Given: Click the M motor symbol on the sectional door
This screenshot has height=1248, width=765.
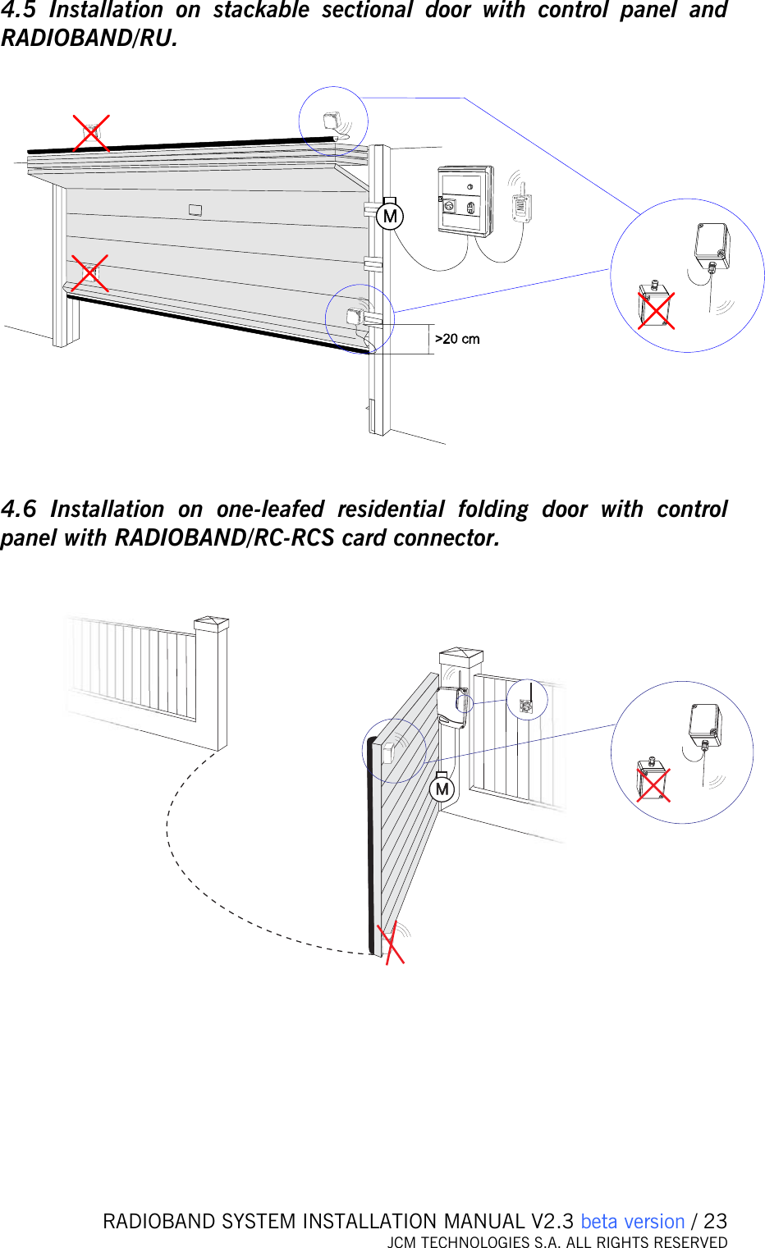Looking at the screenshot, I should click(390, 217).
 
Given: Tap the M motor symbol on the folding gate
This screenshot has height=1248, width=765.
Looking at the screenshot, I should click(442, 789).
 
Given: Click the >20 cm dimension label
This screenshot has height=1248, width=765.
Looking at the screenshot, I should click(457, 339).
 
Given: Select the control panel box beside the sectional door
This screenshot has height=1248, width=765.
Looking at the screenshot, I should click(465, 202).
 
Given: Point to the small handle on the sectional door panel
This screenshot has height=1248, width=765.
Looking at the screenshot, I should click(195, 210).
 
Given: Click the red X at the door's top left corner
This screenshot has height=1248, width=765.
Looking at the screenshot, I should click(91, 133).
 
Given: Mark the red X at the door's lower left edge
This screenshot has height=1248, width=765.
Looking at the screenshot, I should click(89, 273).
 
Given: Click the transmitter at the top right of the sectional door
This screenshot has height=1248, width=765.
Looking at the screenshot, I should click(332, 122).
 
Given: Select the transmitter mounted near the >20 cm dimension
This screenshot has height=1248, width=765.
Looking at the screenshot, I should click(355, 317).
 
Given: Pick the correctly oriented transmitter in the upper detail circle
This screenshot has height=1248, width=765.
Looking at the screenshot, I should click(712, 245).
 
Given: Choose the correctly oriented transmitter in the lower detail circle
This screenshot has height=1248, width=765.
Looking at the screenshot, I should click(705, 725).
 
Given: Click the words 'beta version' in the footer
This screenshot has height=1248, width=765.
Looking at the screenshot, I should click(632, 1221).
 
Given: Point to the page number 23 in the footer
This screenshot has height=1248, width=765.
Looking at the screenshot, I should click(716, 1221).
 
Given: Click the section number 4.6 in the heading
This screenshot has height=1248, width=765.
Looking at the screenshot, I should click(19, 510).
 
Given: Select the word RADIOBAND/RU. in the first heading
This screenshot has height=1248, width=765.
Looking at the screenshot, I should click(89, 39).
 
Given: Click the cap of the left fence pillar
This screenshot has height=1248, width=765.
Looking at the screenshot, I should click(211, 624).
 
